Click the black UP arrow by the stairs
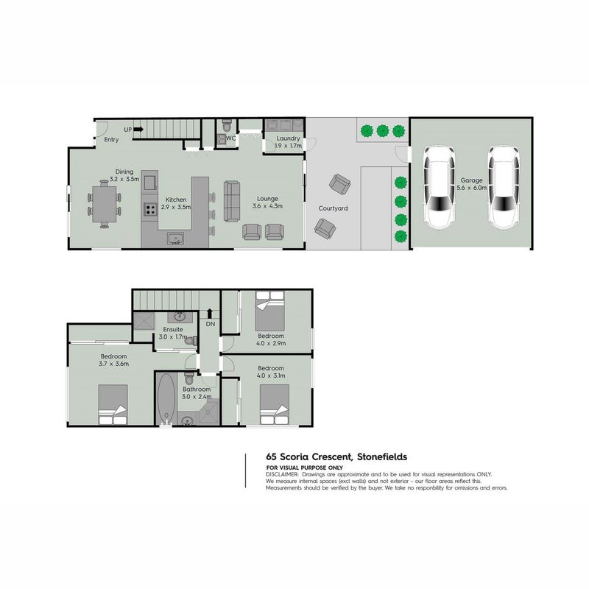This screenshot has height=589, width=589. pos(138,130)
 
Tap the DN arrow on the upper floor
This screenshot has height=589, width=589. pos(210,314)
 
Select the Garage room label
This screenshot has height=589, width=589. pos(471,180)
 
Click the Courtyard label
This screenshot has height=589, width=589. pos(333,208)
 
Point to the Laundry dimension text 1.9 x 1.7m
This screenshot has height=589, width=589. pos(288,146)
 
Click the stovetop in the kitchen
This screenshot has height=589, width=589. pos(150,209)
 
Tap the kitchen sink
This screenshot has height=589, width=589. pos(175,239)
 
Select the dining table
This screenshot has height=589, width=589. pos(105,205)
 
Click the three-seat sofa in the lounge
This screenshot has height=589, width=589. pos(231,201)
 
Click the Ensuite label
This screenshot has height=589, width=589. pos(173,329)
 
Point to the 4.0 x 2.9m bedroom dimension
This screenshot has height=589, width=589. pos(271,343)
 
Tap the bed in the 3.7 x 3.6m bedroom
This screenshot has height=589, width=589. pos(113,404)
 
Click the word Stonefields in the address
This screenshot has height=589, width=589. pos(382,456)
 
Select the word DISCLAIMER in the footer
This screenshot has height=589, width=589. pos(282,474)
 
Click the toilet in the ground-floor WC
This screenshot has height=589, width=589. pos(227,124)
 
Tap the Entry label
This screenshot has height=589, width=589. pos(111,140)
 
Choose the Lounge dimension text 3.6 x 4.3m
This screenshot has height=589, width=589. pos(267,206)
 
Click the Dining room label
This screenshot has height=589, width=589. pos(124,172)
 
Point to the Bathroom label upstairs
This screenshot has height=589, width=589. pos(197,389)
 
